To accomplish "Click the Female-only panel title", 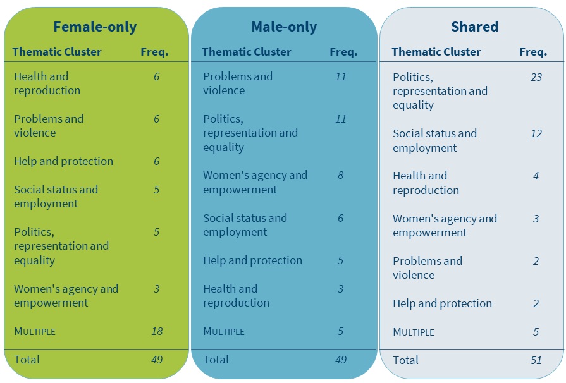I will coord(95,27).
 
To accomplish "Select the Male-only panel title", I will coord(284,27).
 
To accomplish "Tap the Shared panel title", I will coord(474,27).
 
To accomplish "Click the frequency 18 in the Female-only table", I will coord(157,331).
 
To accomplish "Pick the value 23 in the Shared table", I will coord(536,77).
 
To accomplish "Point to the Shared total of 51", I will coord(536,360).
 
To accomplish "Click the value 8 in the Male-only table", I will coord(341,175).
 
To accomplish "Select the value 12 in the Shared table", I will coord(536,133).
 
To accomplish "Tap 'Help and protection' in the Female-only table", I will coord(63,161).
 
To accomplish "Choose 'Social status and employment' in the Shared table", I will coord(434,140).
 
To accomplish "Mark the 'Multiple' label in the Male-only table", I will coord(224,331).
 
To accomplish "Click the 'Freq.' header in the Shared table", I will coord(533,52).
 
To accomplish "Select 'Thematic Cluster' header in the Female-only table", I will coord(57,52).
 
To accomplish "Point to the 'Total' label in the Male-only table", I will coord(216,360).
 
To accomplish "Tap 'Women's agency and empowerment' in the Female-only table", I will coord(66,296).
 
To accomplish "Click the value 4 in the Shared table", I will coord(536,176).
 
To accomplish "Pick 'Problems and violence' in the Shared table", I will coord(427,268).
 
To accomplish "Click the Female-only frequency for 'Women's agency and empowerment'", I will coord(157,289).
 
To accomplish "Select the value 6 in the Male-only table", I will coord(341,218).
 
